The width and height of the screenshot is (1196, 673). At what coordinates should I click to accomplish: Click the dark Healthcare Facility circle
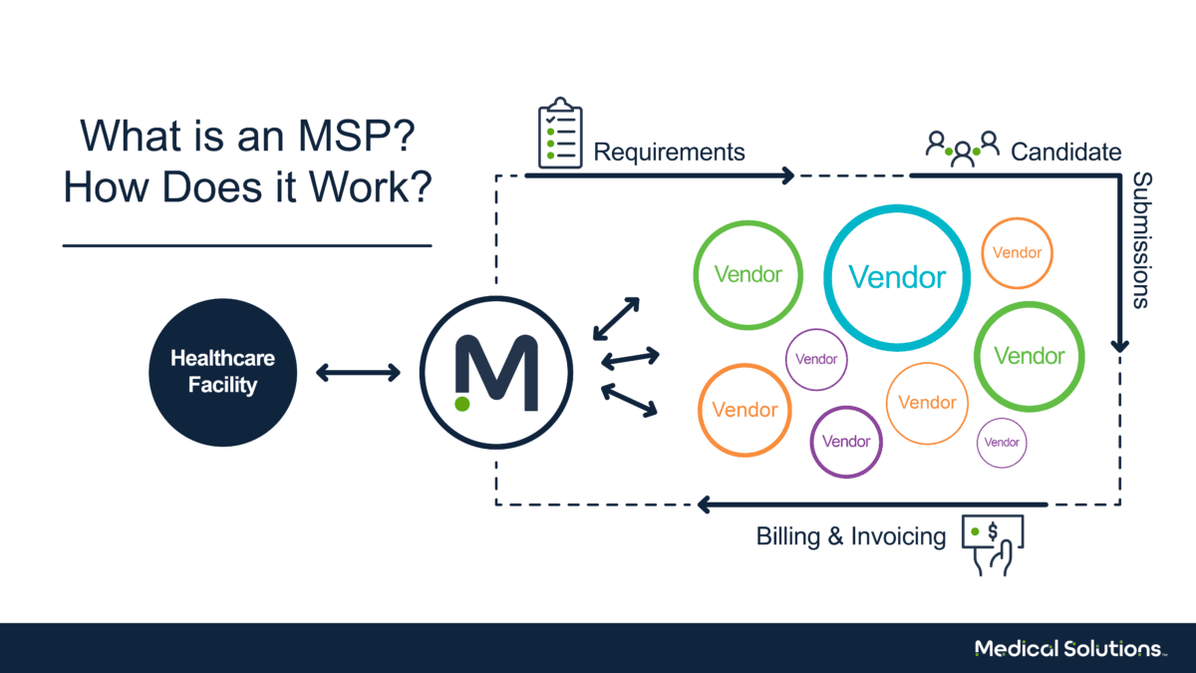222,371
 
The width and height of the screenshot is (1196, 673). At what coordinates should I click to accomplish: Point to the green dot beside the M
461,404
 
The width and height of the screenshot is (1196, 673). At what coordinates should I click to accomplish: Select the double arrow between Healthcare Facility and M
358,373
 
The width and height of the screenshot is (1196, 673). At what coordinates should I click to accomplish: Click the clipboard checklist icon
559,133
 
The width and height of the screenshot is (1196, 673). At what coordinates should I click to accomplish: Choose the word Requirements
669,153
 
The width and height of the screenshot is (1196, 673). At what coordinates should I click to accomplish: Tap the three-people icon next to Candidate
962,148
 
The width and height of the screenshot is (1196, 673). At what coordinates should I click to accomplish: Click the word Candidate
1065,153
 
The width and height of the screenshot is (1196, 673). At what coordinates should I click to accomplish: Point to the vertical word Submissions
1141,240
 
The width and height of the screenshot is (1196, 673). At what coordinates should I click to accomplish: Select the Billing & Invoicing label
850,536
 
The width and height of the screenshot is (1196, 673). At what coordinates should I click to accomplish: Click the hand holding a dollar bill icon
993,543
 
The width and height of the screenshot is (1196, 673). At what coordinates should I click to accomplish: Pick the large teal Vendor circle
897,277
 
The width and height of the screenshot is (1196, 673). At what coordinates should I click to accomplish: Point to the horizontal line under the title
246,244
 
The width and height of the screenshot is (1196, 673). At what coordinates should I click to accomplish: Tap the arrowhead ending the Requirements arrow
786,176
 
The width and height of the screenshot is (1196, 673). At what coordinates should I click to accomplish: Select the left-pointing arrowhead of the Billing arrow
704,505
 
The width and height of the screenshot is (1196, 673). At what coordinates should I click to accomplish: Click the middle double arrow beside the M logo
630,356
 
